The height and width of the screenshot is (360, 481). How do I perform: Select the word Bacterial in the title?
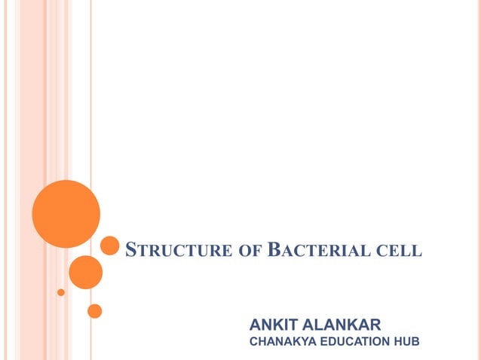[x=317, y=249]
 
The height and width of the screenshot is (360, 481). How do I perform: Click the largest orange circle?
[x=66, y=213]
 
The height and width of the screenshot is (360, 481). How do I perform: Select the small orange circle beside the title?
[x=110, y=246]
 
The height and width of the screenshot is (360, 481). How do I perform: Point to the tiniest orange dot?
[x=61, y=291]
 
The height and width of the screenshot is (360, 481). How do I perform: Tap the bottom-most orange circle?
[x=94, y=310]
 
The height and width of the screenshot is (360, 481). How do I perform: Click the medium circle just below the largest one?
[x=85, y=272]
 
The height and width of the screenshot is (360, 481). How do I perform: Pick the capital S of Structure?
[x=130, y=249]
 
